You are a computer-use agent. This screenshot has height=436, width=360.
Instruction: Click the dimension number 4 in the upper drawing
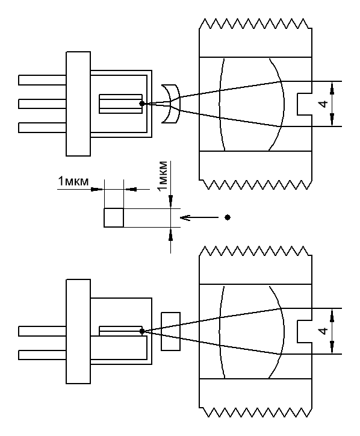click(x=323, y=104)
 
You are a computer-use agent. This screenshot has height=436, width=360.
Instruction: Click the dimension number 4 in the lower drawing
click(x=323, y=331)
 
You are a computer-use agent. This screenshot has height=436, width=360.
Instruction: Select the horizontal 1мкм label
click(x=73, y=181)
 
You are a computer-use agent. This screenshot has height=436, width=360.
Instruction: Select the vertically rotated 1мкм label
click(x=163, y=175)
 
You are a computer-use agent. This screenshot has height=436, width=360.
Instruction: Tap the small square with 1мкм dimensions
click(x=114, y=218)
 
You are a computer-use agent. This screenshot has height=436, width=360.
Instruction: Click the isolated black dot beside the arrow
click(x=228, y=217)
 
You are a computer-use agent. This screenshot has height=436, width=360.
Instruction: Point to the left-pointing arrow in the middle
click(x=199, y=217)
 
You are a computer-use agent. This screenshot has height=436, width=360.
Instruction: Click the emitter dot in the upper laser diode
click(x=142, y=104)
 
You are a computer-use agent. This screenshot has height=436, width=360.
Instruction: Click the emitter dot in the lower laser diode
click(x=142, y=331)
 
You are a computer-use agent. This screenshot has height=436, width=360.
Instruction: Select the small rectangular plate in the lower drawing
click(x=171, y=331)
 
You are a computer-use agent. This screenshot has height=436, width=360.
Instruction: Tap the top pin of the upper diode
click(x=42, y=80)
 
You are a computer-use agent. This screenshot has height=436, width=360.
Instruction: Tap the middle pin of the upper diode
click(x=42, y=104)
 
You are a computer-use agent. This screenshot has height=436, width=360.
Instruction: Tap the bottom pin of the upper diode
click(x=42, y=128)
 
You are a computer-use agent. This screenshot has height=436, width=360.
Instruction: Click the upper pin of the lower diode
click(x=42, y=331)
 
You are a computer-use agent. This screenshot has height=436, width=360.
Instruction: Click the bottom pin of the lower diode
click(x=42, y=355)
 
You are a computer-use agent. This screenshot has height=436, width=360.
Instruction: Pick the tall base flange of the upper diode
click(x=78, y=104)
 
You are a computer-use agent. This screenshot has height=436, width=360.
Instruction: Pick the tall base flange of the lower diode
click(x=78, y=331)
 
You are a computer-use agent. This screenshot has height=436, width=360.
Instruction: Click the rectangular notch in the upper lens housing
click(x=305, y=104)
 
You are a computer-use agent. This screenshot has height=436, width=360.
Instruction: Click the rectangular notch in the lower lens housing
click(x=305, y=331)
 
